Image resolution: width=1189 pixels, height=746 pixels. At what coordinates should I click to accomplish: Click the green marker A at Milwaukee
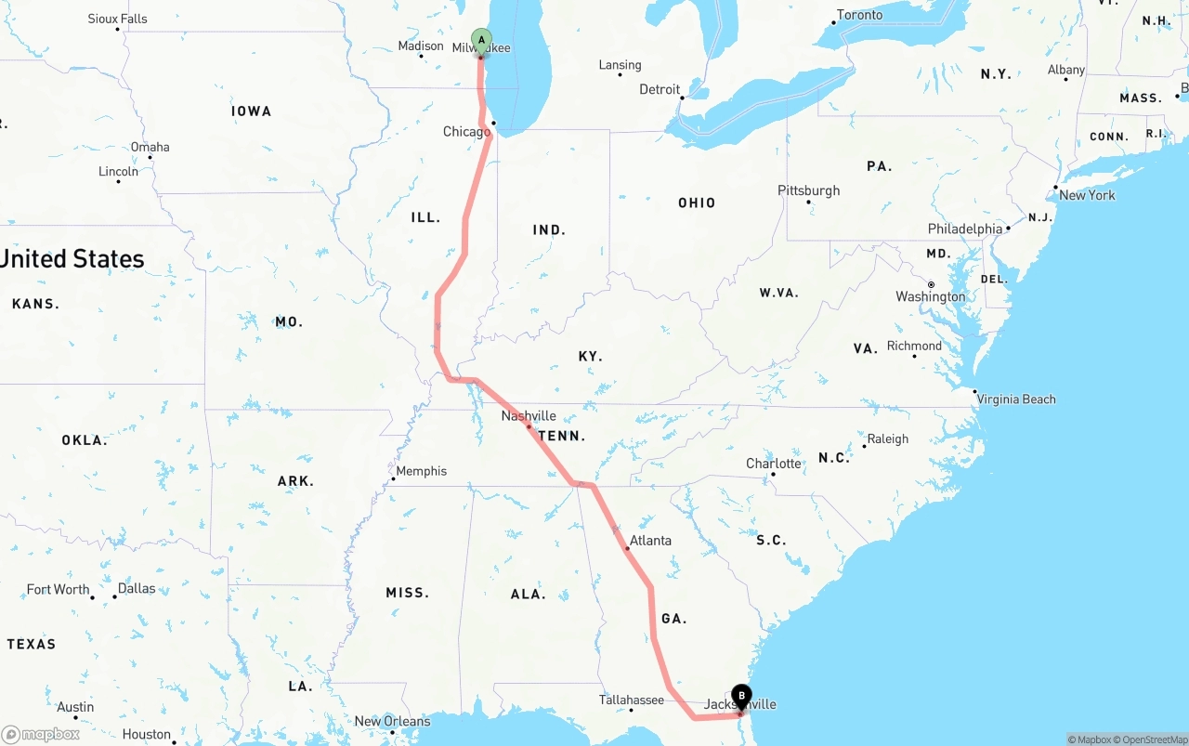(481, 40)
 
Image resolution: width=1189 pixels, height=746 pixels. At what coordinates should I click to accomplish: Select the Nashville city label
(529, 415)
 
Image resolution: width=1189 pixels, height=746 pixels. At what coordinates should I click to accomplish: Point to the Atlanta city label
(650, 540)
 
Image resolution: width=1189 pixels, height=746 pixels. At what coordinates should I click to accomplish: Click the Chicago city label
(466, 132)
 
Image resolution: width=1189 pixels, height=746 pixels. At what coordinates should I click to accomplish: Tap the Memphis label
(422, 471)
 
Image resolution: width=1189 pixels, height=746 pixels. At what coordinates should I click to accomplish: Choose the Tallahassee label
(631, 700)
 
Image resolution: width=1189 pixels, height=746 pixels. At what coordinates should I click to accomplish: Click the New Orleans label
(392, 721)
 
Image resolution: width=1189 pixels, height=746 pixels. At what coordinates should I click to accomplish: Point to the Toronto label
(859, 15)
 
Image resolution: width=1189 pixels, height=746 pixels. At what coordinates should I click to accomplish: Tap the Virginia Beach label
(1016, 399)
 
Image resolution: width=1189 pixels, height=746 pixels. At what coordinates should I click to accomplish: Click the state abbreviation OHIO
(697, 203)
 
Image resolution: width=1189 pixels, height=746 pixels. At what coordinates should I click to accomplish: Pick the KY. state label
(590, 356)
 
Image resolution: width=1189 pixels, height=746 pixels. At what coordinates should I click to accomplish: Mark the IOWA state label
(251, 111)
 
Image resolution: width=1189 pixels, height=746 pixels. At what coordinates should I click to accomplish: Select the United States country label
(72, 258)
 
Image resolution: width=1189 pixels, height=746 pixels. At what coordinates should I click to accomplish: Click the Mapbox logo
(41, 734)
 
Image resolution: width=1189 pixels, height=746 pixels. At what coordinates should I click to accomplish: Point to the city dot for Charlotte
(773, 475)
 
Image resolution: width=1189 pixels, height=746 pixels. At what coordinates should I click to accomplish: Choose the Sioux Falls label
(117, 19)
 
